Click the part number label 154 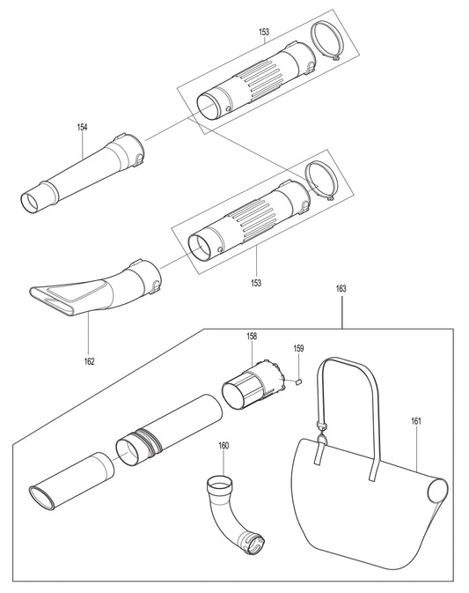[82, 128]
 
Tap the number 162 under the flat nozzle [89, 360]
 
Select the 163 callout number [341, 287]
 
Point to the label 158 [252, 337]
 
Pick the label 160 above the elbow [224, 446]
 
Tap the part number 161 [416, 421]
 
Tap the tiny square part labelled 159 [298, 382]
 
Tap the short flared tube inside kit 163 [70, 480]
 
